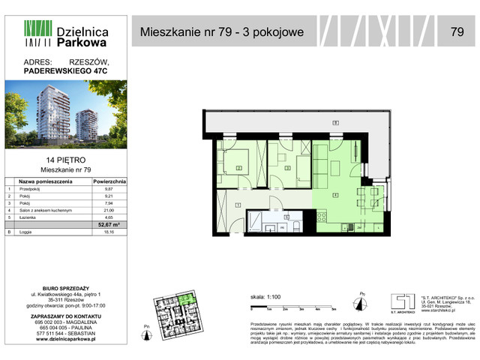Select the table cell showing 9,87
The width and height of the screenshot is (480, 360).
108,189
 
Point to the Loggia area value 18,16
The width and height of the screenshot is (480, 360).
108,233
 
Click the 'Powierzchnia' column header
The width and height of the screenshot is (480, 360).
109,181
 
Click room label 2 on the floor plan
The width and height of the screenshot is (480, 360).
238,168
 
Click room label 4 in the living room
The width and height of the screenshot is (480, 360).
335,195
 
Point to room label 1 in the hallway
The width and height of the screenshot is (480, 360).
238,204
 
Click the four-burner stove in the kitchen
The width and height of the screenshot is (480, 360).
322,217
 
